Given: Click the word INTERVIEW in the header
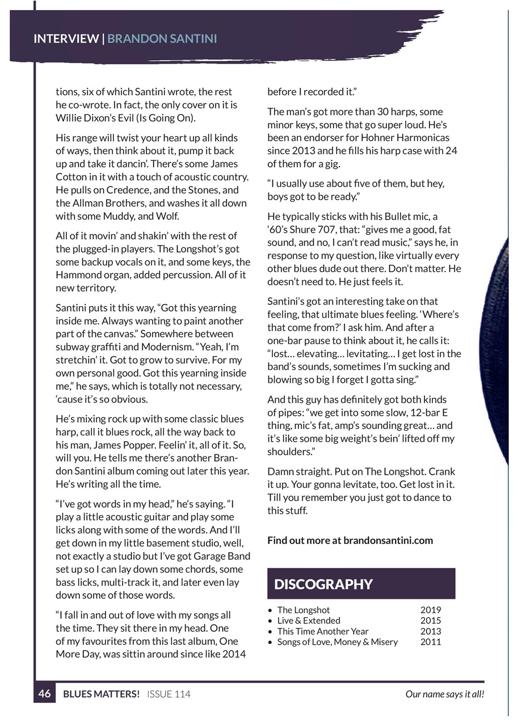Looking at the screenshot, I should coord(66,39).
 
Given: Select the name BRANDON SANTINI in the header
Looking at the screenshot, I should coord(162,39).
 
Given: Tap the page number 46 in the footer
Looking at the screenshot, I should coord(45,694).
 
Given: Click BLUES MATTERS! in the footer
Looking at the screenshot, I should coord(101,694).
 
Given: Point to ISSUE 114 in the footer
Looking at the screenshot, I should coord(169,694).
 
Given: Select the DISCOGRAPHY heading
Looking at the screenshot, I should coord(323,584).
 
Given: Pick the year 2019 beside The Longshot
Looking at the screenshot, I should coord(430,610).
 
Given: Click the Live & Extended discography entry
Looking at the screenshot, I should coord(309,621).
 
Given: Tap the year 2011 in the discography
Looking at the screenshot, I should coord(430,642).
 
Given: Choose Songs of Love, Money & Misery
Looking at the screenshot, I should coord(337,642).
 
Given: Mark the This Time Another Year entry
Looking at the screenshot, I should coord(322,631).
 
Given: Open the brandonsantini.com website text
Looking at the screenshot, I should coord(388,540).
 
